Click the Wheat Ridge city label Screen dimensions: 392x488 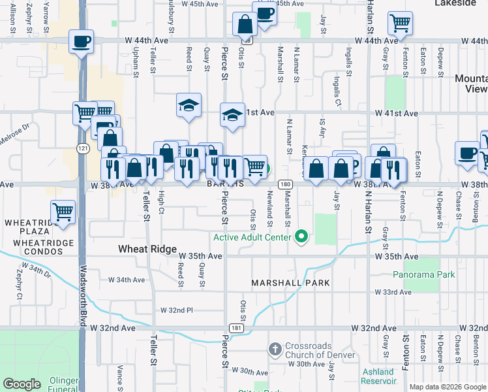(x=147, y=250)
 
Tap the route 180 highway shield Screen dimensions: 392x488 (x=285, y=185)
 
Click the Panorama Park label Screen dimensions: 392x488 (x=429, y=275)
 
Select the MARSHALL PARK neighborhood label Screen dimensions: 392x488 (x=290, y=283)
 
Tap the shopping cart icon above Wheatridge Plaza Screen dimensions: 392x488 (x=63, y=212)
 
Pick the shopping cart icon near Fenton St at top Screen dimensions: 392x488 (x=399, y=23)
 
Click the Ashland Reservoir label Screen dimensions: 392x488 (x=378, y=376)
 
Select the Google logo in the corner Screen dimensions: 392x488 (x=22, y=384)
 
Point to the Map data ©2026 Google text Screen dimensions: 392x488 (x=447, y=387)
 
